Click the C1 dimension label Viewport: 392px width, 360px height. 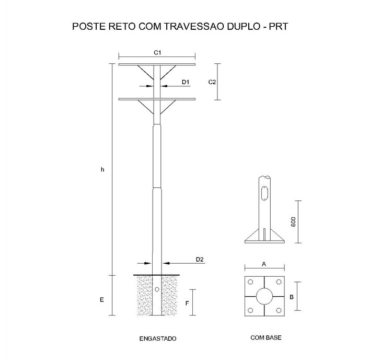[157, 52]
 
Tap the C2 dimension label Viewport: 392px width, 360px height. [212, 82]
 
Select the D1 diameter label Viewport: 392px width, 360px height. [186, 82]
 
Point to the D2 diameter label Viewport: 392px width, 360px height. [200, 260]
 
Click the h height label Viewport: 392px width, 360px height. [102, 170]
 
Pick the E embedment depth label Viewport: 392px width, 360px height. [102, 299]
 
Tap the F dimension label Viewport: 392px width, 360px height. [187, 303]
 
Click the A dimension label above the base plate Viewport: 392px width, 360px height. [264, 264]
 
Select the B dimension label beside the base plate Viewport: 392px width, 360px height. [292, 297]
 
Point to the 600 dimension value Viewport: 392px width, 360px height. [294, 222]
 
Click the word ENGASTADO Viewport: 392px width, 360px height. [158, 339]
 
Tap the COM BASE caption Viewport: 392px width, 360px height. [266, 337]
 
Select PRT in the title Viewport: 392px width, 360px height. [278, 26]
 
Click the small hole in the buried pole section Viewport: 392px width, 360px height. [157, 289]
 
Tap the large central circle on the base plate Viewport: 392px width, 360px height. [265, 296]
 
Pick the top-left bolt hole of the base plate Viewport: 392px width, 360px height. [250, 282]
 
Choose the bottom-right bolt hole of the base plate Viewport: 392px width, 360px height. [279, 310]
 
